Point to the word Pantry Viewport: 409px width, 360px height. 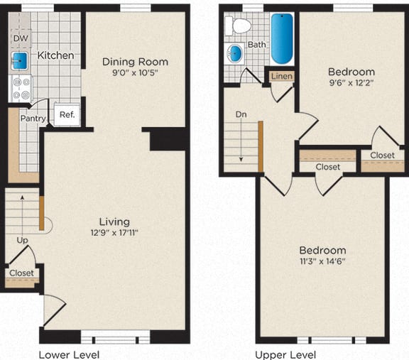(x=33, y=119)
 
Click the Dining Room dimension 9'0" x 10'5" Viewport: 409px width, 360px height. (x=135, y=73)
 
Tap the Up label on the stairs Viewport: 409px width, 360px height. (x=22, y=240)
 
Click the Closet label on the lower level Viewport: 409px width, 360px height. (x=21, y=273)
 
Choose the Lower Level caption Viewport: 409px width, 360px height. (x=69, y=354)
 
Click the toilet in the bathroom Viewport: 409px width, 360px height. (x=239, y=26)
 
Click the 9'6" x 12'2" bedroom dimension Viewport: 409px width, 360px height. (x=351, y=82)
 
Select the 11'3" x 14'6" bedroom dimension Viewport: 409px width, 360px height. (x=322, y=261)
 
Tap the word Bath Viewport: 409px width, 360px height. (x=257, y=44)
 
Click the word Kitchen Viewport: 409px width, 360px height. (x=56, y=55)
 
